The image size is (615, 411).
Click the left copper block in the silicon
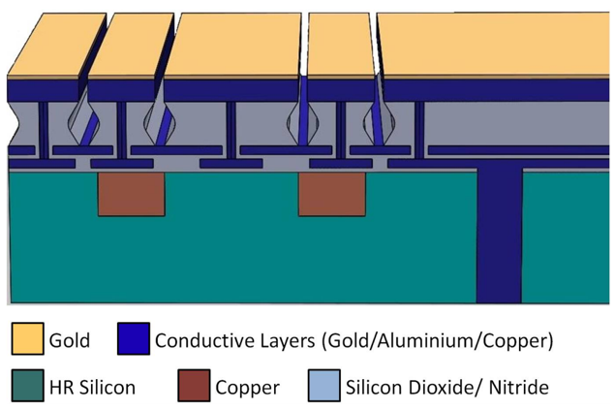point(131,194)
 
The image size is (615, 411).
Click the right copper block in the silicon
point(330,194)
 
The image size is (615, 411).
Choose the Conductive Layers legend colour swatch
point(134,339)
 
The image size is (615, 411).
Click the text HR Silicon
point(93,388)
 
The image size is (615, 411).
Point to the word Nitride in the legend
point(517,388)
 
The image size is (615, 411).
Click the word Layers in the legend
point(281,341)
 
